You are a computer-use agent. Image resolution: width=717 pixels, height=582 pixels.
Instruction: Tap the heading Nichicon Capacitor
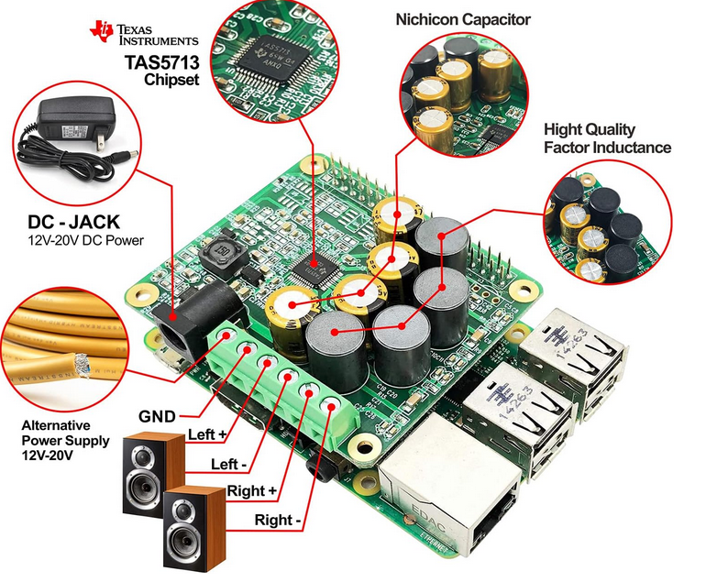pos(463,19)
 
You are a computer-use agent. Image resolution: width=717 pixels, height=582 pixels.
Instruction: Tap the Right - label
pos(276,521)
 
